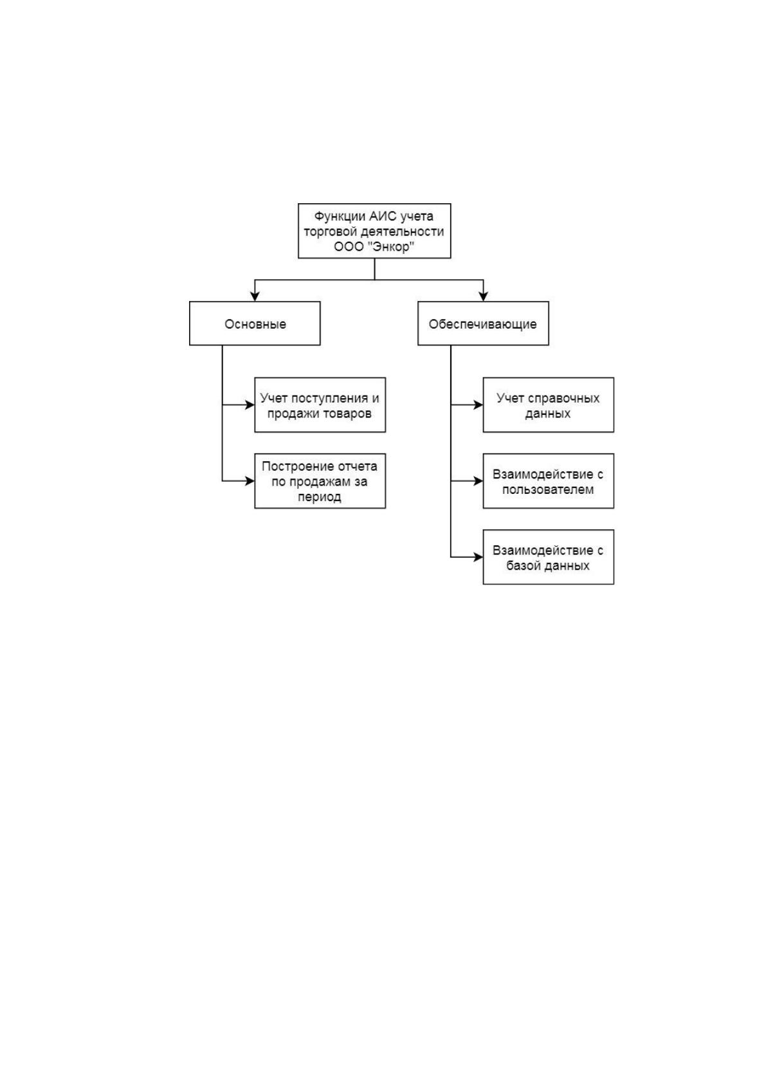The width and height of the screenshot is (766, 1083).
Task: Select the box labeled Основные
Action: tap(255, 323)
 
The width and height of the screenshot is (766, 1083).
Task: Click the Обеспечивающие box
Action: tap(483, 323)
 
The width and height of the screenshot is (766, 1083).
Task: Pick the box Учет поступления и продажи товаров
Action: tap(320, 405)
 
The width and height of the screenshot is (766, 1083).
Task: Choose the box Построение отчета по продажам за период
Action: tap(320, 481)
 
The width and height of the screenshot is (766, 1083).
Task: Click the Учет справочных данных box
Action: tap(549, 405)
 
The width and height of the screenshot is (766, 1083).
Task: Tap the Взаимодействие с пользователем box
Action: tap(549, 481)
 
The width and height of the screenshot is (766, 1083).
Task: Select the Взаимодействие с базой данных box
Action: tap(549, 557)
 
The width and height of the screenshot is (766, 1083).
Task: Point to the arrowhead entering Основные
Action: tap(255, 296)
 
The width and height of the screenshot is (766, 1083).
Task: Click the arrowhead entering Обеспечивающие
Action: tap(483, 296)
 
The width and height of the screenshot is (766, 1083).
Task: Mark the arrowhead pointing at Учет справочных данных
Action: tap(479, 405)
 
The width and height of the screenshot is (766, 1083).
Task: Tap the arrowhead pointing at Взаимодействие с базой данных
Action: tap(479, 557)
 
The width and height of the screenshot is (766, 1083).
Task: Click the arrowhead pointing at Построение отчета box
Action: tap(250, 481)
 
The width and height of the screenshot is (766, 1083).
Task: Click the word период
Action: tap(319, 497)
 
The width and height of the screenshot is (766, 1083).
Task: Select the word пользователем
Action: tap(548, 489)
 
